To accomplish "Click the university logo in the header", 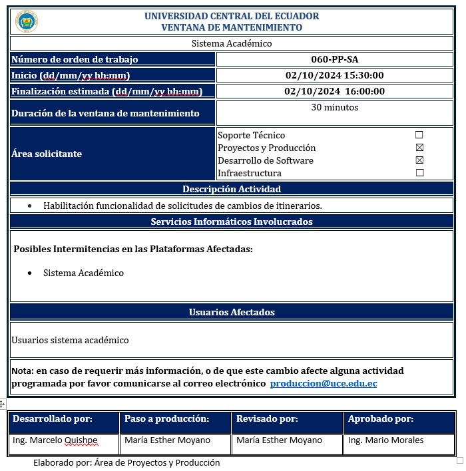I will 27,21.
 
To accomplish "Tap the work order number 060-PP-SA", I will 334,59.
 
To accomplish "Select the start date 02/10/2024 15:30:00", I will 334,75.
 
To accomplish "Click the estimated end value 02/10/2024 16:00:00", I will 334,91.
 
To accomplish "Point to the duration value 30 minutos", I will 334,107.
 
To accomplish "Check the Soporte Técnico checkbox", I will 419,135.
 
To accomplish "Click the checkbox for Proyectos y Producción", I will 419,148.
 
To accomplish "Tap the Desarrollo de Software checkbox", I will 419,160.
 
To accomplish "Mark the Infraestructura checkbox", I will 419,173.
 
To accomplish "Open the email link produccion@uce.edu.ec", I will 324,384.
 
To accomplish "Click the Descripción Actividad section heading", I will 232,189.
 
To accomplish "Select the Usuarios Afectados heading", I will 232,312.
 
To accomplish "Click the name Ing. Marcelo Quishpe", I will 55,440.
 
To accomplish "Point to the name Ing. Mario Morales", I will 385,440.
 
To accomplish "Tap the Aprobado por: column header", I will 381,419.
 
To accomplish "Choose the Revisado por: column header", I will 267,419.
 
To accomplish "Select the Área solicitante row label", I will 47,154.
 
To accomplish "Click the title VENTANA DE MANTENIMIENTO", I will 232,27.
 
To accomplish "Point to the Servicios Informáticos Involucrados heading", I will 232,222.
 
